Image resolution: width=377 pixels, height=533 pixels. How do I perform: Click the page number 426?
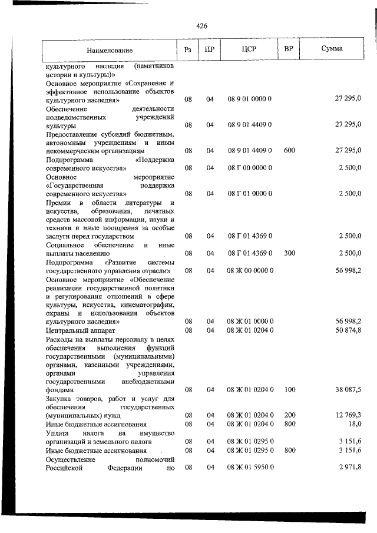click(201, 26)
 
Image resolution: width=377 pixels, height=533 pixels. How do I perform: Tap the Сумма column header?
click(332, 48)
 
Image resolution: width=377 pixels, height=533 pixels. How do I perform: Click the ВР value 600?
click(289, 151)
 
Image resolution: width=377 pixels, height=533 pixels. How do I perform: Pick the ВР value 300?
click(289, 253)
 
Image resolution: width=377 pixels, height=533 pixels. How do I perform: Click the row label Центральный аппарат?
click(75, 330)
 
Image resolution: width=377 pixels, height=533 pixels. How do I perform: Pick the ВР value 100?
click(289, 390)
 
